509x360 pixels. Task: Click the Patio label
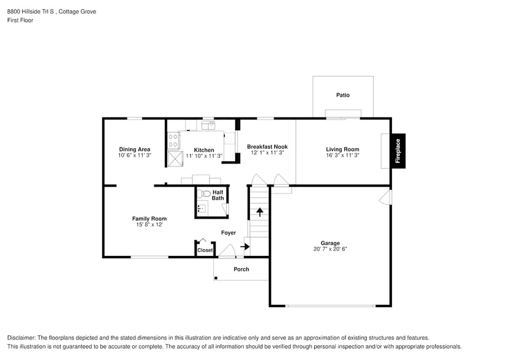(342, 95)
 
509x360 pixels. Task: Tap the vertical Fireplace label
(398, 151)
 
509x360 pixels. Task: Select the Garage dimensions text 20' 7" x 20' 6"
(330, 249)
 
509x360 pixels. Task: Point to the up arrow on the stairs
(259, 212)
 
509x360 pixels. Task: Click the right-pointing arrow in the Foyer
(245, 247)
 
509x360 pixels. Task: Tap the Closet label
(205, 250)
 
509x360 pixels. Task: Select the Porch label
(241, 269)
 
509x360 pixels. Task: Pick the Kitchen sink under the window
(208, 126)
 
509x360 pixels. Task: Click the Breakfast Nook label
(267, 147)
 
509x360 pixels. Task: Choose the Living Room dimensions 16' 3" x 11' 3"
(342, 156)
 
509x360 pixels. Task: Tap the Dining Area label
(135, 149)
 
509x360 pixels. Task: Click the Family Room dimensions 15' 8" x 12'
(149, 225)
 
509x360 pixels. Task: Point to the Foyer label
(228, 233)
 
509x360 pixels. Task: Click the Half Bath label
(217, 195)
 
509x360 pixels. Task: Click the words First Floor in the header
(20, 20)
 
